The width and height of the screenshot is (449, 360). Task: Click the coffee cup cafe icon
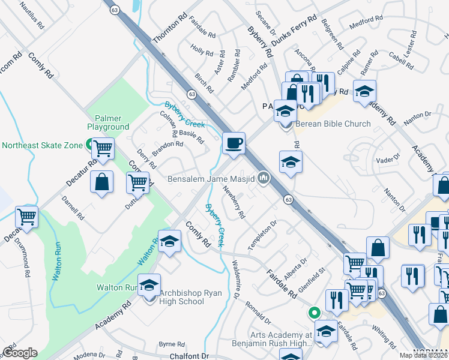pyautogui.click(x=234, y=143)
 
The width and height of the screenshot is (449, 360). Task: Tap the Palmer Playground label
pyautogui.click(x=108, y=122)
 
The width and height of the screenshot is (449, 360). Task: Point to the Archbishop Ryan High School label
pyautogui.click(x=190, y=297)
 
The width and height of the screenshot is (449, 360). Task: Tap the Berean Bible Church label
pyautogui.click(x=332, y=124)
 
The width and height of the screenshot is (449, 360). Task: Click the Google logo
pyautogui.click(x=20, y=353)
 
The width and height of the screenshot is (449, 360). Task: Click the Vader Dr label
pyautogui.click(x=387, y=159)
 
